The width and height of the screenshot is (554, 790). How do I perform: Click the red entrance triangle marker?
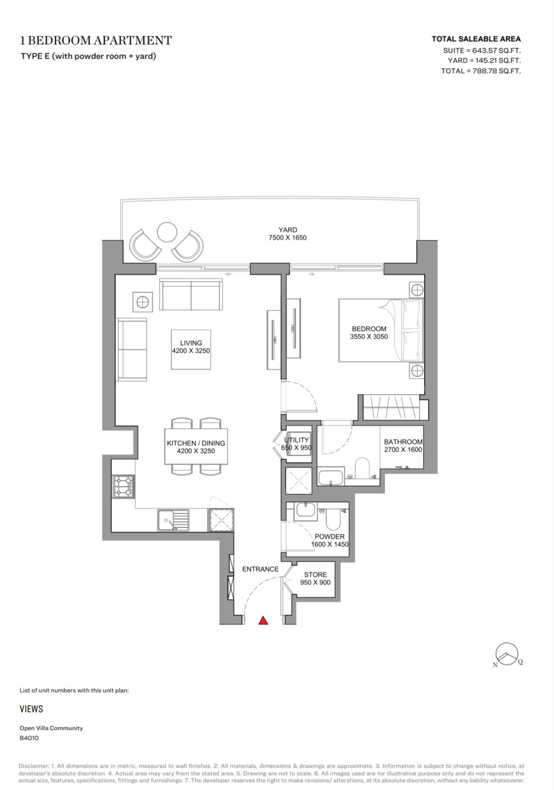click(263, 621)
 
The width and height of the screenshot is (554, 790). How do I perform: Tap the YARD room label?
click(288, 230)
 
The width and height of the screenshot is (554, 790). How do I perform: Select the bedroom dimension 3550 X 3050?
click(369, 336)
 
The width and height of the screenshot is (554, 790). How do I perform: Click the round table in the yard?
click(167, 232)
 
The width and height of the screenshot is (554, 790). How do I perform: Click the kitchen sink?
click(173, 520)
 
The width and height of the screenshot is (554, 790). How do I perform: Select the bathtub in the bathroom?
click(331, 477)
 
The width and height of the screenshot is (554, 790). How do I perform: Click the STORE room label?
click(316, 574)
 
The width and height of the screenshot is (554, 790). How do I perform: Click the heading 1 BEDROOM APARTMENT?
click(96, 41)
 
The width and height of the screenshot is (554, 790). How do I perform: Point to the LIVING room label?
click(191, 343)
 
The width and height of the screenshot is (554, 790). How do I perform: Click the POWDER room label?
click(330, 537)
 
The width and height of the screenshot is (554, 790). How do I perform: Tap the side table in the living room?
click(143, 302)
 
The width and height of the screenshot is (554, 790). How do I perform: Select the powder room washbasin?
click(306, 512)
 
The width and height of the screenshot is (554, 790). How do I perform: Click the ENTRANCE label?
click(260, 569)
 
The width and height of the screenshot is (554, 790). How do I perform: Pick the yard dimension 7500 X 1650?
click(288, 237)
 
